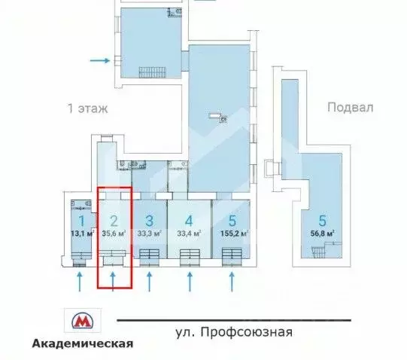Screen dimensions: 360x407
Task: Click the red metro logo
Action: coord(82,322)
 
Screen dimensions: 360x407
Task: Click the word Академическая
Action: coord(83,343)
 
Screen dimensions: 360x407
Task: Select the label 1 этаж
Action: coord(88,108)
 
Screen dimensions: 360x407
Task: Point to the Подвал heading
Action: coord(350,107)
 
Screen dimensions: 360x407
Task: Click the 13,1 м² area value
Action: coord(80,233)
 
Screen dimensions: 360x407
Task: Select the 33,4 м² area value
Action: coord(189,233)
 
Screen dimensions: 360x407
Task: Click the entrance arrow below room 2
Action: coord(114,282)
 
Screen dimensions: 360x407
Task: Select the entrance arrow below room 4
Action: coord(189,282)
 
